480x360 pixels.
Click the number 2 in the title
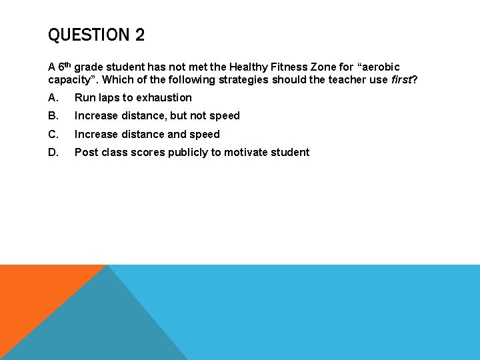pos(139,35)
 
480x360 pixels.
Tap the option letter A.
pos(53,97)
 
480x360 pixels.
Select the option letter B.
pos(53,116)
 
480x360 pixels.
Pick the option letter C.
pos(53,134)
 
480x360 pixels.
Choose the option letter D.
pos(53,152)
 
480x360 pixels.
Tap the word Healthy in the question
pos(249,67)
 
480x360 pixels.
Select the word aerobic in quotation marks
pos(381,67)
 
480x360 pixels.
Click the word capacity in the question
pos(71,80)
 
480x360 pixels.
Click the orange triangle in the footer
pos(33,300)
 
